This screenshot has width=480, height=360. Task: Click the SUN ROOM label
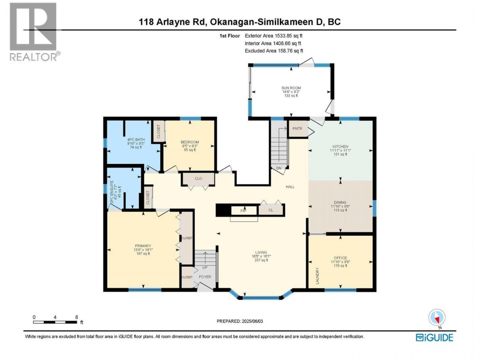coord(291,88)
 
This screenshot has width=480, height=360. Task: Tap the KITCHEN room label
coord(340,146)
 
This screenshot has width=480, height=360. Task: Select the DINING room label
coord(340,202)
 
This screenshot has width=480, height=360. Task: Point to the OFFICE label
coord(340,258)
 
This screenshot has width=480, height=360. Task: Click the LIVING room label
coord(261,252)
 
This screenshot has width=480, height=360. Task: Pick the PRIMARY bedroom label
coord(143,246)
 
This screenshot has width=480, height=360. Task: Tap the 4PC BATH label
coord(136,139)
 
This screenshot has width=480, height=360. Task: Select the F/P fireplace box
coord(244,211)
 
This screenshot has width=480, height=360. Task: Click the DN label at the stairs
coord(279,168)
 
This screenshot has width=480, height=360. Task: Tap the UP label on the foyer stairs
coord(205,267)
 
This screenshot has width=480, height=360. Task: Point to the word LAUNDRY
coord(317,276)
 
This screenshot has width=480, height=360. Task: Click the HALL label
coord(290,187)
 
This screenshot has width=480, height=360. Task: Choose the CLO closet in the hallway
coord(198,179)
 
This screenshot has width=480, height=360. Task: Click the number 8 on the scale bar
coord(77,317)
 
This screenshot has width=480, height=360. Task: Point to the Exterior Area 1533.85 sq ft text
coord(274,36)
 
